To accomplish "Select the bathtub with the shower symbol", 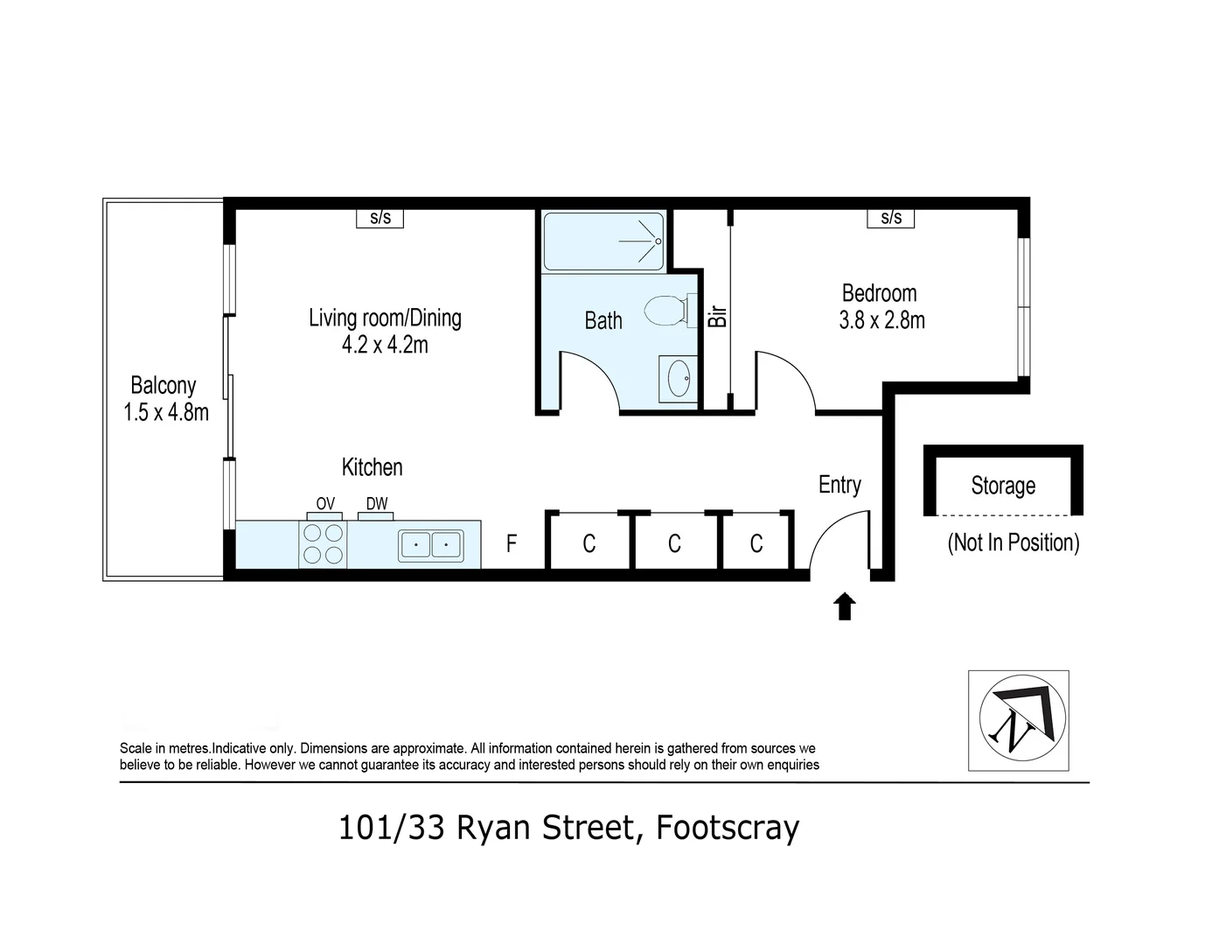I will tap(603, 241).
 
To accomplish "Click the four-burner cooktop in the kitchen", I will tap(323, 544).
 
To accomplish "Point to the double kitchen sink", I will tap(431, 545).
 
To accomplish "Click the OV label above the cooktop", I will tap(324, 504).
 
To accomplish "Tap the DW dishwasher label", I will tap(377, 504).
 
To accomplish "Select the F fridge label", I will tap(512, 544).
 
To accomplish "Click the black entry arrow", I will tap(844, 606).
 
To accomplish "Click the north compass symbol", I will tap(1018, 721).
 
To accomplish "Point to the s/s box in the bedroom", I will tap(891, 218).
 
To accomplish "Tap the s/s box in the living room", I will tap(380, 218).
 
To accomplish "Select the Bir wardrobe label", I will tap(718, 316).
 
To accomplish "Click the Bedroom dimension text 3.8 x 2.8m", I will tap(881, 320).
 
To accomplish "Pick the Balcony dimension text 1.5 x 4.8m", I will tap(166, 412).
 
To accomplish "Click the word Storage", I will tap(1003, 486).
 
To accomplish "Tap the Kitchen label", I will tap(372, 467).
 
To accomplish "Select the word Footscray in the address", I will tap(728, 827).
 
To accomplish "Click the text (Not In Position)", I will tap(1013, 542).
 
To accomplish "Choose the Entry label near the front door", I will tap(839, 485).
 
